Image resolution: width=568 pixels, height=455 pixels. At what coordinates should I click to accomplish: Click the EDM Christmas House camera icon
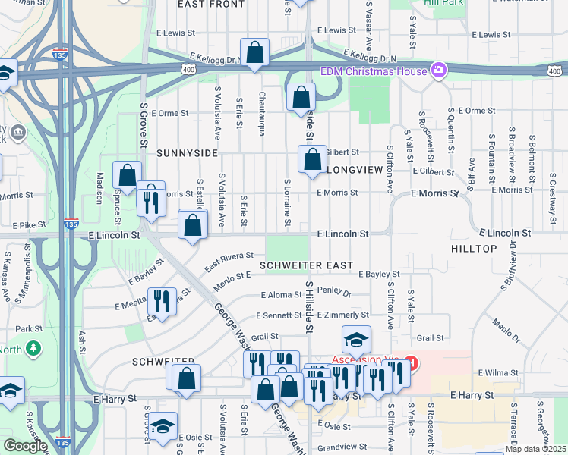[x=438, y=71]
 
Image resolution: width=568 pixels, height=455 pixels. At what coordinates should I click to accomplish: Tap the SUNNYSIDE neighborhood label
[x=186, y=153]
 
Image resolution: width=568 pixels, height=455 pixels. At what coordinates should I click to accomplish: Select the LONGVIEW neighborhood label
[x=353, y=169]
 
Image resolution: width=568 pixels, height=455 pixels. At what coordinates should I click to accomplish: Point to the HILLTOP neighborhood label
[x=474, y=249]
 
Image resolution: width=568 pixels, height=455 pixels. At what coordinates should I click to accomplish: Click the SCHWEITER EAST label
[x=306, y=265]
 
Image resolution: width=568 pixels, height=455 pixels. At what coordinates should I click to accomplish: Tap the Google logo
[x=25, y=446]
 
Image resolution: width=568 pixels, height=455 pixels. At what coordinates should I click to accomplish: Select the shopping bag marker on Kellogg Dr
[x=255, y=54]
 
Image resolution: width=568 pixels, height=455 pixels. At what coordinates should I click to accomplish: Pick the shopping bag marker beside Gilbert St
[x=312, y=160]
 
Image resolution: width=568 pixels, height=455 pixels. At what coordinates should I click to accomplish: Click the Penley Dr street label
[x=335, y=292]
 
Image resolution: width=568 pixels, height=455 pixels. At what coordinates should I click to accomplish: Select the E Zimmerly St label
[x=342, y=315]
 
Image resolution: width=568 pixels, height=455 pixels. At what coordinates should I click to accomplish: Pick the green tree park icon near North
[x=33, y=348]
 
